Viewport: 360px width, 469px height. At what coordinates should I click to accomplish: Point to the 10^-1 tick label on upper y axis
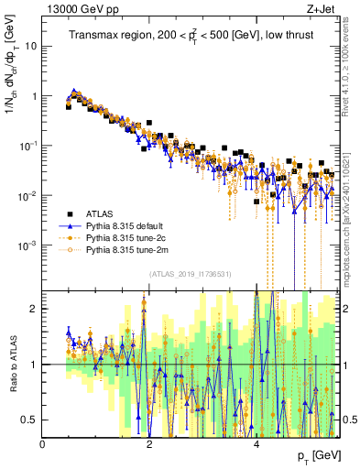point(29,145)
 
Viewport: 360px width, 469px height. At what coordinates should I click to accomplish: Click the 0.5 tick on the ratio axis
point(31,420)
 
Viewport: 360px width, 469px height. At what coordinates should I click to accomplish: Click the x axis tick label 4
point(256,444)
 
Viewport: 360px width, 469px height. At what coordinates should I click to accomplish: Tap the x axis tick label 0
point(43,444)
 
